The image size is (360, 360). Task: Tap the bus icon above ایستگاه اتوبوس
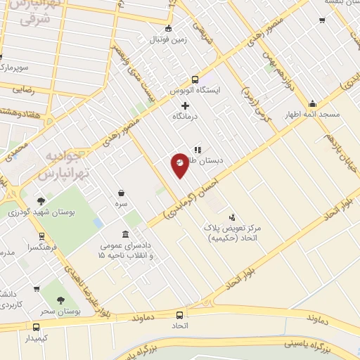click(x=195, y=79)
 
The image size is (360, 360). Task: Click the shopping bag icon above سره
click(x=122, y=193)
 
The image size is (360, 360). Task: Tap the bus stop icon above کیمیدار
click(x=36, y=327)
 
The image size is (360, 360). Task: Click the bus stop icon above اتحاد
click(x=179, y=315)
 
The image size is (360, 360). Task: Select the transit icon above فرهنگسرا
click(x=41, y=237)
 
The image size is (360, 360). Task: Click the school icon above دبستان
click(x=198, y=150)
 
